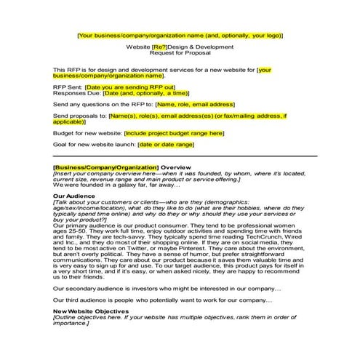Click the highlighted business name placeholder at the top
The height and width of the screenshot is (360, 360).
(x=180, y=34)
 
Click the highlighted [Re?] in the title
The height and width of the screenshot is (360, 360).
(x=160, y=47)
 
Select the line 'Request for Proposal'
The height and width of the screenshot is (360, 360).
(x=180, y=53)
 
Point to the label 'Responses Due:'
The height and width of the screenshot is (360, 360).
(x=77, y=94)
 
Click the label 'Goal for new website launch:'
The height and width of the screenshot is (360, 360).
(x=94, y=145)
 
